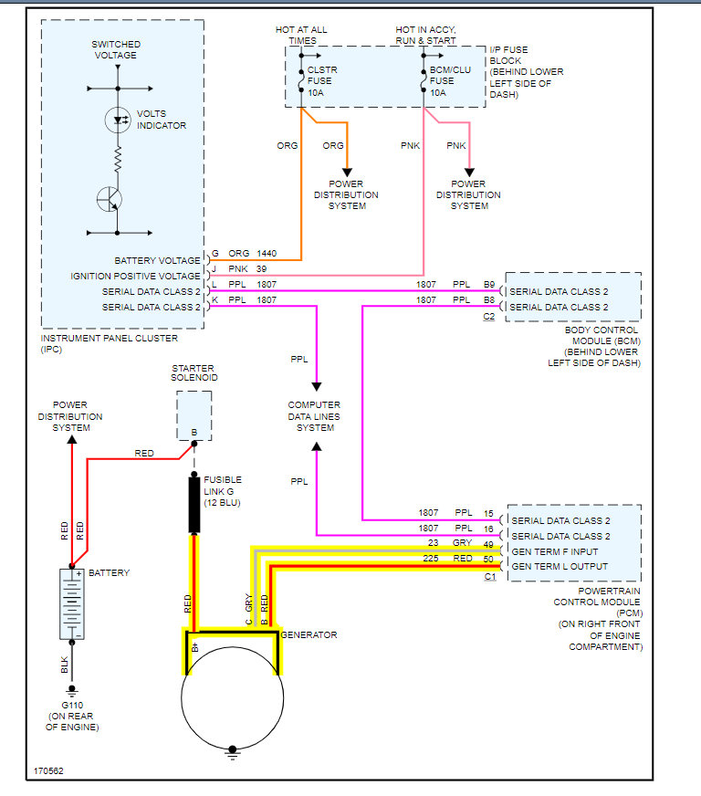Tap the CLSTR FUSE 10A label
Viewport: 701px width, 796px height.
coord(321,80)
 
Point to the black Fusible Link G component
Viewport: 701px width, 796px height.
coord(194,504)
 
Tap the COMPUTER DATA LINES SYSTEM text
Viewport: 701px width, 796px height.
coord(315,416)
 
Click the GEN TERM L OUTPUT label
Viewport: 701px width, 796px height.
coord(558,566)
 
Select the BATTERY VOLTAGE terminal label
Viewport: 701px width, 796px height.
coord(157,261)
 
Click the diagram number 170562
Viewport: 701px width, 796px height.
coord(49,771)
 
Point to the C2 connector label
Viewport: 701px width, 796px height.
coord(489,317)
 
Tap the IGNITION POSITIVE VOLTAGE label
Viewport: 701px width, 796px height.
coord(136,276)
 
